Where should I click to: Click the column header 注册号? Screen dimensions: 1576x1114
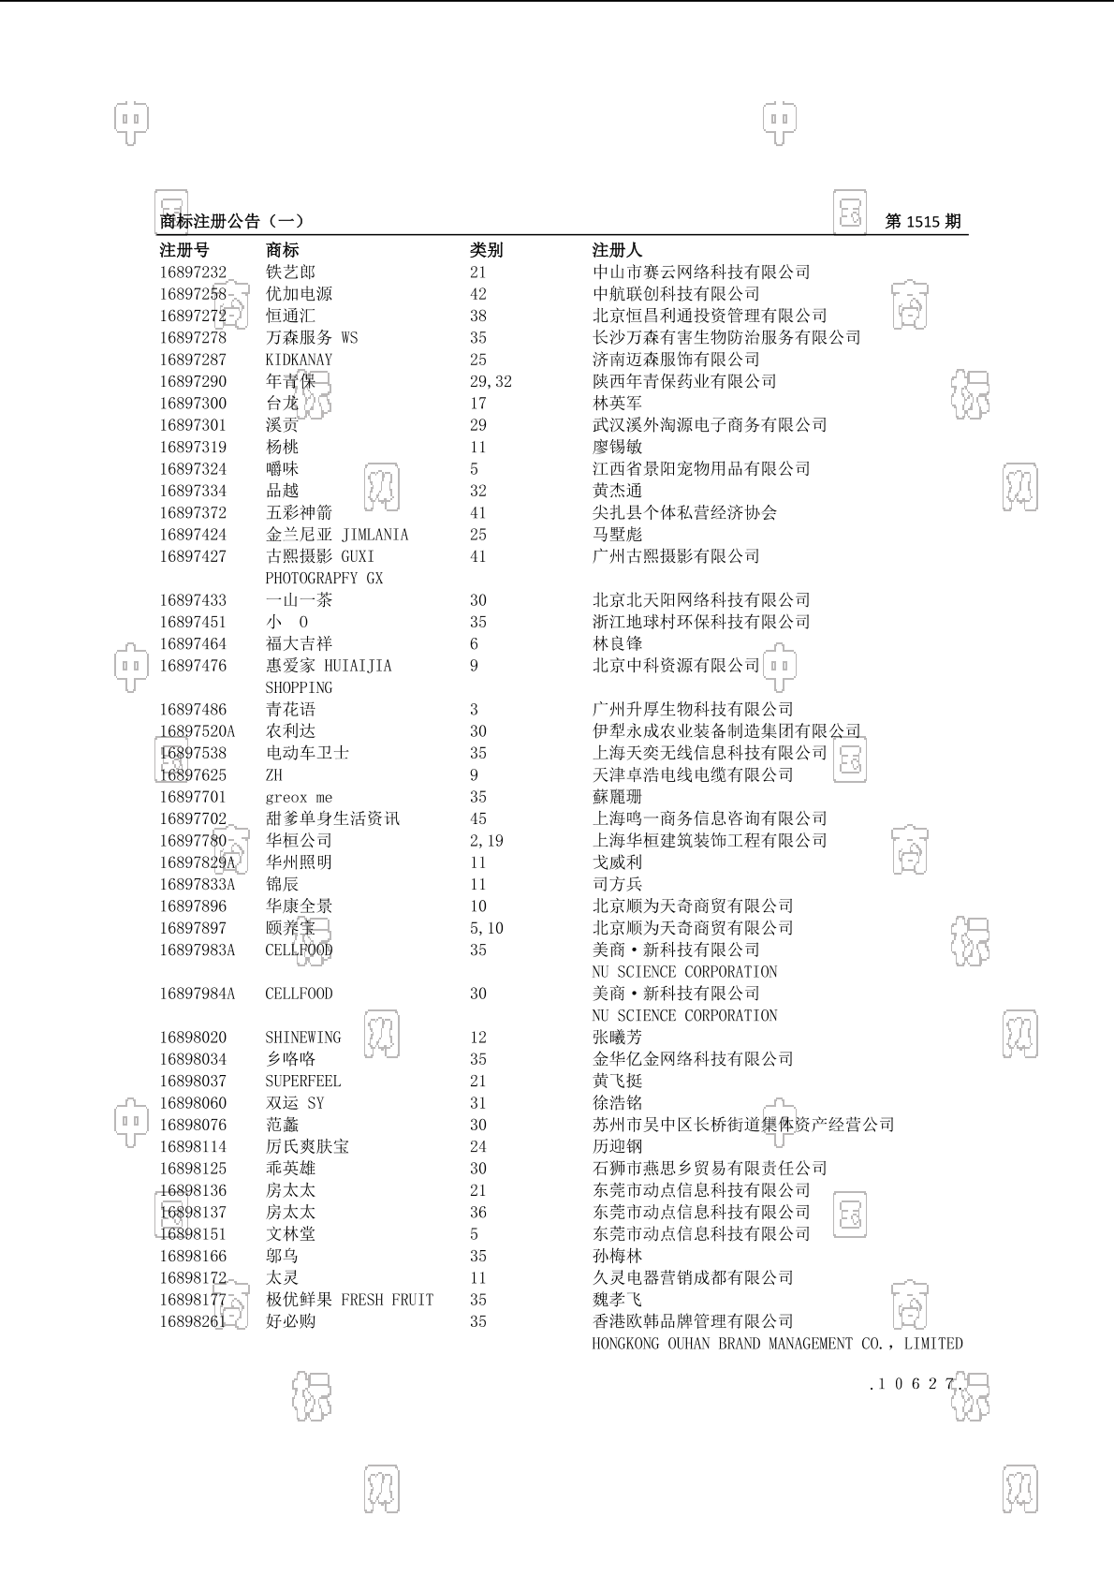[x=184, y=250]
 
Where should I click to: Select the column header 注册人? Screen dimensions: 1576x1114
[x=617, y=250]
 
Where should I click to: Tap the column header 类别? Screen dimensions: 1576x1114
[x=486, y=250]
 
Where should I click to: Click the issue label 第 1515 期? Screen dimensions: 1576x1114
[x=922, y=222]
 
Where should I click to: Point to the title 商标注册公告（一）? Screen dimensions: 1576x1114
[x=231, y=222]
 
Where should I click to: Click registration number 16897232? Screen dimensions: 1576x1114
[x=193, y=272]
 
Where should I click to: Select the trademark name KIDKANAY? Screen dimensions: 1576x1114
[x=299, y=360]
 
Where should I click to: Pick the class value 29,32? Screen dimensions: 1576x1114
[x=491, y=381]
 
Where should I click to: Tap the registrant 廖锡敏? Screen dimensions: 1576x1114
[x=617, y=447]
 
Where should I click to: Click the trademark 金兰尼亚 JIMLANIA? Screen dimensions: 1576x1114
[x=337, y=535]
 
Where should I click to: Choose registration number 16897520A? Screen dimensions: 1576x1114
[x=198, y=731]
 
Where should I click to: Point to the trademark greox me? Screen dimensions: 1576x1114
[x=299, y=797]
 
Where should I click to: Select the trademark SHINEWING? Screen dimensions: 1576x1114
[x=303, y=1038]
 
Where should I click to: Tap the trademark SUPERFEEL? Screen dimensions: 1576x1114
[x=303, y=1081]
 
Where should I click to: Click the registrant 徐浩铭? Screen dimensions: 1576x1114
[x=617, y=1103]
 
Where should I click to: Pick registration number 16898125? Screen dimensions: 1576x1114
[x=193, y=1169]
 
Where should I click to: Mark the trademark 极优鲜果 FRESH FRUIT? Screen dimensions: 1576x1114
[x=349, y=1300]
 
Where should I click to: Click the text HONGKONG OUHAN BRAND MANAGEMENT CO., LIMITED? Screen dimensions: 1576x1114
[x=777, y=1344]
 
